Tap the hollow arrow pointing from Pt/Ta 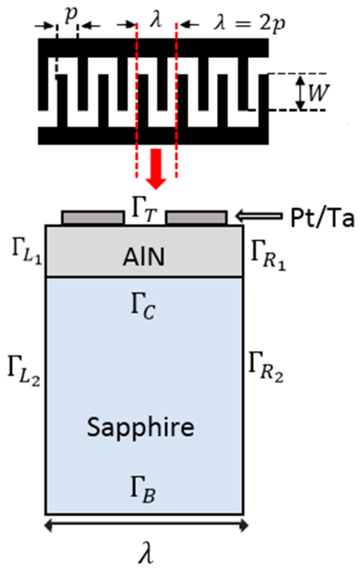[x=259, y=216]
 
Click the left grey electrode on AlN [x=93, y=218]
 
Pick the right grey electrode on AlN [x=196, y=218]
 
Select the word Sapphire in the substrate [x=140, y=427]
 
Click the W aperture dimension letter [x=318, y=92]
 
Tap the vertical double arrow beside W [x=300, y=92]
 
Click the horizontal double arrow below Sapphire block [x=146, y=526]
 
